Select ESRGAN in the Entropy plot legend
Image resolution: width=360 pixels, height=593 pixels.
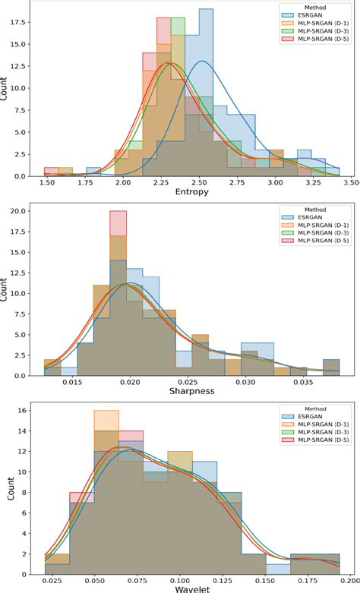coord(308,14)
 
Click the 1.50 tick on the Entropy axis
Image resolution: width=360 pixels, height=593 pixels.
coord(47,183)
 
